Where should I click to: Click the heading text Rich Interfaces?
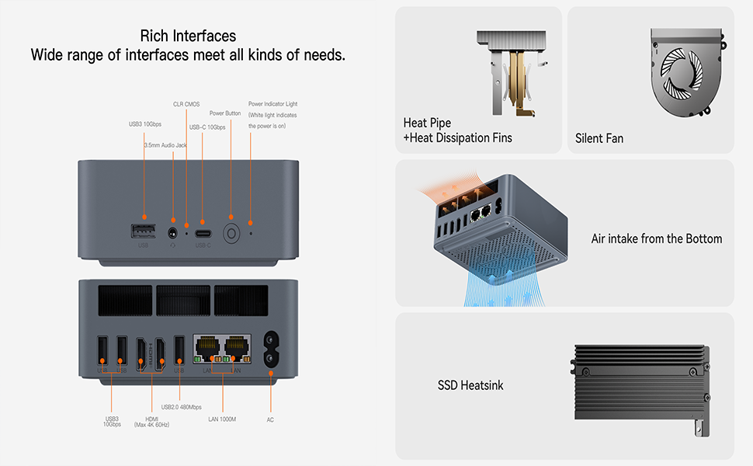188,36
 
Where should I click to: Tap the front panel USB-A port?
144,231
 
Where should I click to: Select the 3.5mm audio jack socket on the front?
172,231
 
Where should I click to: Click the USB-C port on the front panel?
203,232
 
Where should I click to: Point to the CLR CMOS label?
186,103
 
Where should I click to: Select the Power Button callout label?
225,113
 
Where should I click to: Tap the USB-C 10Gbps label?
207,127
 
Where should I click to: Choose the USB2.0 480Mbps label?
182,407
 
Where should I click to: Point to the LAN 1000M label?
222,419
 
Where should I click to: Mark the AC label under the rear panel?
270,419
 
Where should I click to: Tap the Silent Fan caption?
599,139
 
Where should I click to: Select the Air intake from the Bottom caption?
657,238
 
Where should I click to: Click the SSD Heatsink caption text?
470,385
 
